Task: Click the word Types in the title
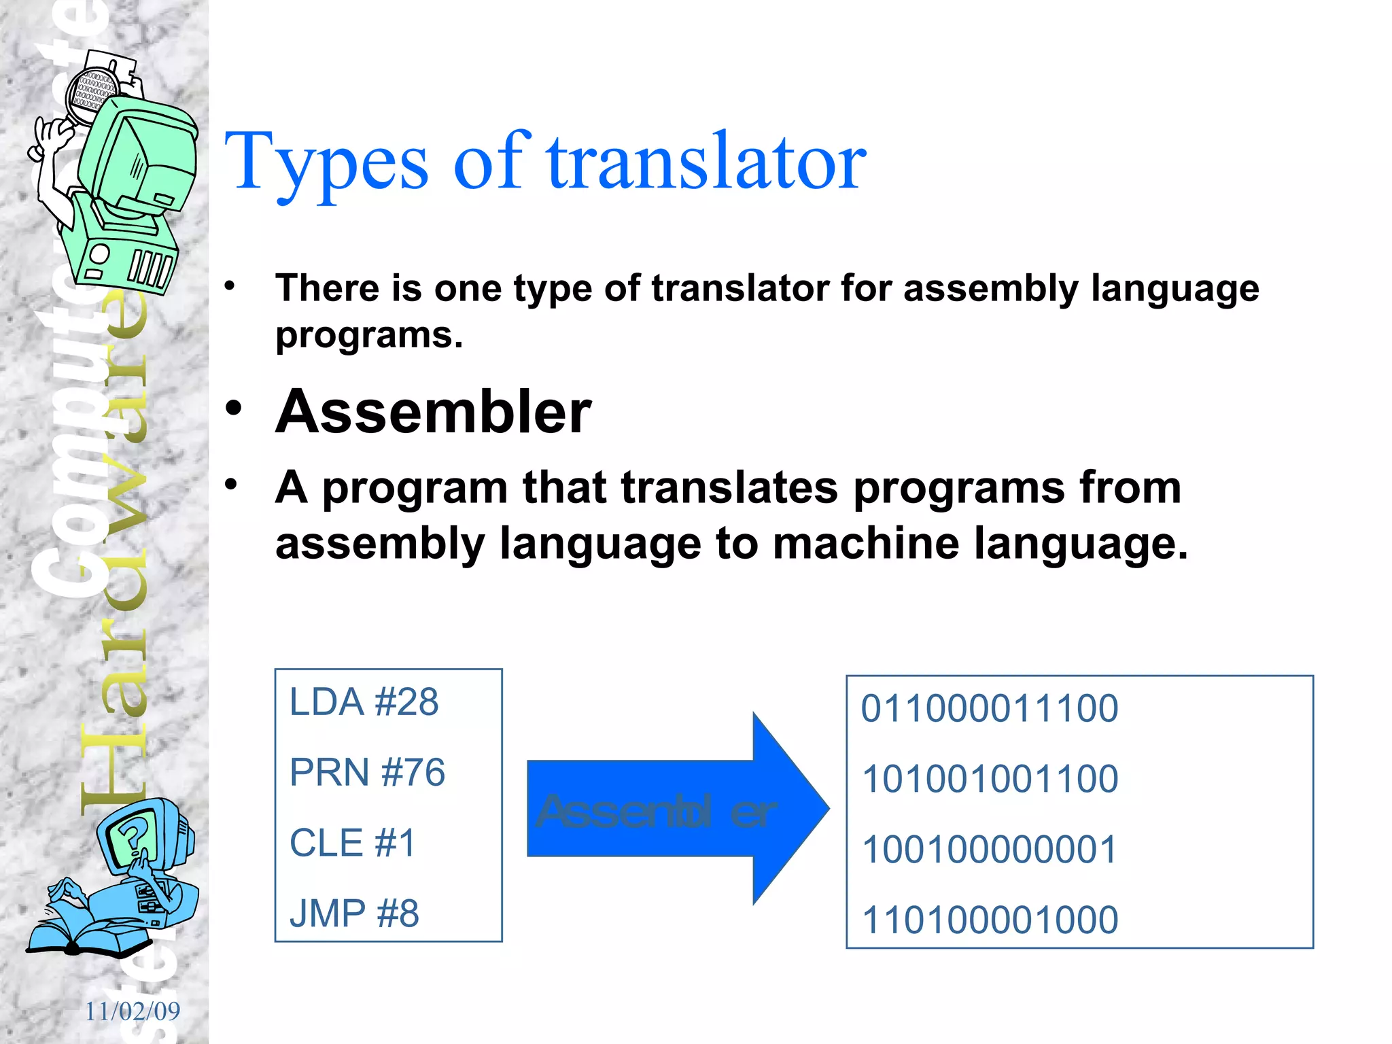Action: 326,163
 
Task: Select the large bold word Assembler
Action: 434,412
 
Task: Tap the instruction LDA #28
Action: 364,702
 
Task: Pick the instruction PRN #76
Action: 367,773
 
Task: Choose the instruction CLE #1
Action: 352,843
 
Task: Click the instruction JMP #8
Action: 354,913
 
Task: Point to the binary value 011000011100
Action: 989,709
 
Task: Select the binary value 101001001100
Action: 989,779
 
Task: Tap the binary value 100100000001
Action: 989,850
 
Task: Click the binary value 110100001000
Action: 989,920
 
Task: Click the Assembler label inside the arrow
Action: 656,812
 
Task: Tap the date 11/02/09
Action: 133,1011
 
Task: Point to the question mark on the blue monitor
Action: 133,837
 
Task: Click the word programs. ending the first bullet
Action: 368,336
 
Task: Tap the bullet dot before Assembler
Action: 234,409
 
